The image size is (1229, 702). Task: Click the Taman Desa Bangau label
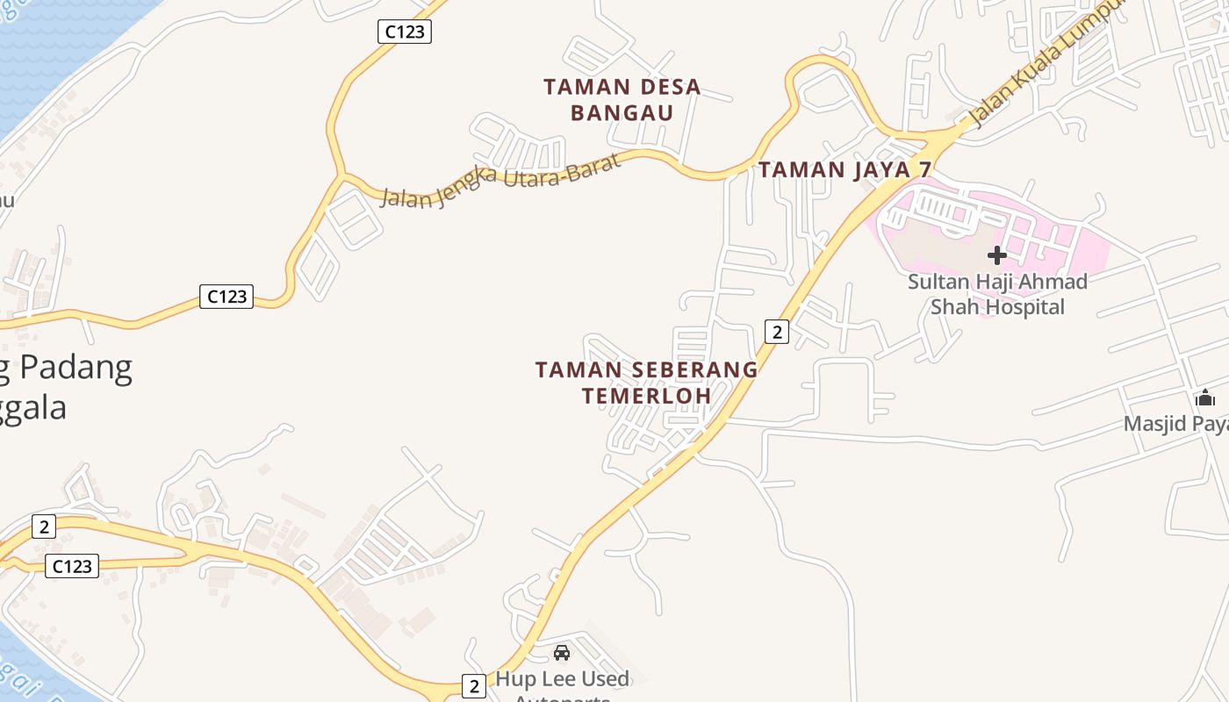pyautogui.click(x=622, y=99)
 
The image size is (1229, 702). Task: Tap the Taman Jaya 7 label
pyautogui.click(x=844, y=169)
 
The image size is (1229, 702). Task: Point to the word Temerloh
pyautogui.click(x=646, y=396)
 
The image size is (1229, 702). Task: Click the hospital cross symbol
pyautogui.click(x=996, y=255)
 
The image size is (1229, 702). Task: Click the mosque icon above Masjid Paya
pyautogui.click(x=1205, y=398)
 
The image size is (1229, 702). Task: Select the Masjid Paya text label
pyautogui.click(x=1175, y=425)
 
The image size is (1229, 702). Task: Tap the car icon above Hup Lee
pyautogui.click(x=562, y=653)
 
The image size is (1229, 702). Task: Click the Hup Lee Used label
pyautogui.click(x=562, y=679)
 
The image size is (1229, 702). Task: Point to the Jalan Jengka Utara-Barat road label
pyautogui.click(x=500, y=182)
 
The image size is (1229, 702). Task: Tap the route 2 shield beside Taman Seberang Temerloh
pyautogui.click(x=777, y=332)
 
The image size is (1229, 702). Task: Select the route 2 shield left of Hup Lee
pyautogui.click(x=474, y=686)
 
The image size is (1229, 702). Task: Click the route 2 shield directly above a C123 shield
pyautogui.click(x=43, y=526)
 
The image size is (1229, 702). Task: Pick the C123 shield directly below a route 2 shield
pyautogui.click(x=72, y=566)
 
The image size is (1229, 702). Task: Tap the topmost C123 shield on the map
pyautogui.click(x=405, y=32)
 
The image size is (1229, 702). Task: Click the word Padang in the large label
pyautogui.click(x=76, y=368)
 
